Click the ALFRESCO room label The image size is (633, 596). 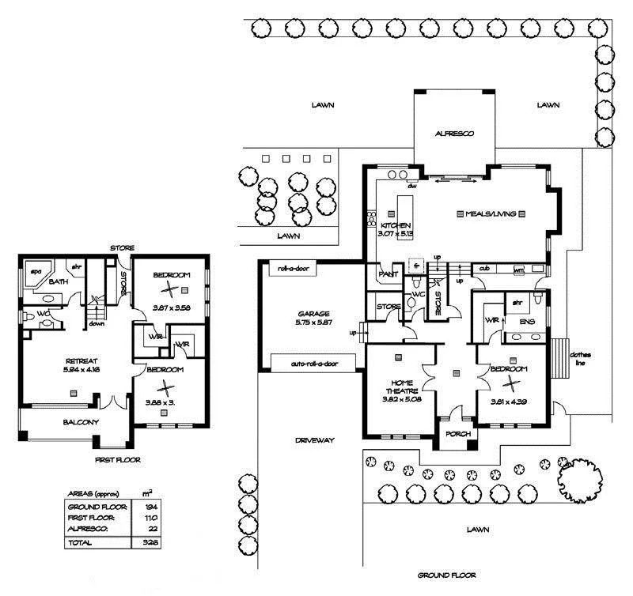pos(454,134)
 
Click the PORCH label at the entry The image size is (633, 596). pos(458,434)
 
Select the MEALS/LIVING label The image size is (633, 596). pos(496,214)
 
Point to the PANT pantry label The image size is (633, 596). pos(389,273)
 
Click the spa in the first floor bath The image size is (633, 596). pos(36,270)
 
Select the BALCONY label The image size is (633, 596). pos(81,422)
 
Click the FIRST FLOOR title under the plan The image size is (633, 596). pos(116,458)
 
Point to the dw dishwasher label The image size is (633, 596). pos(412,187)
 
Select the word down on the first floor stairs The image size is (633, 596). pos(97,323)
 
